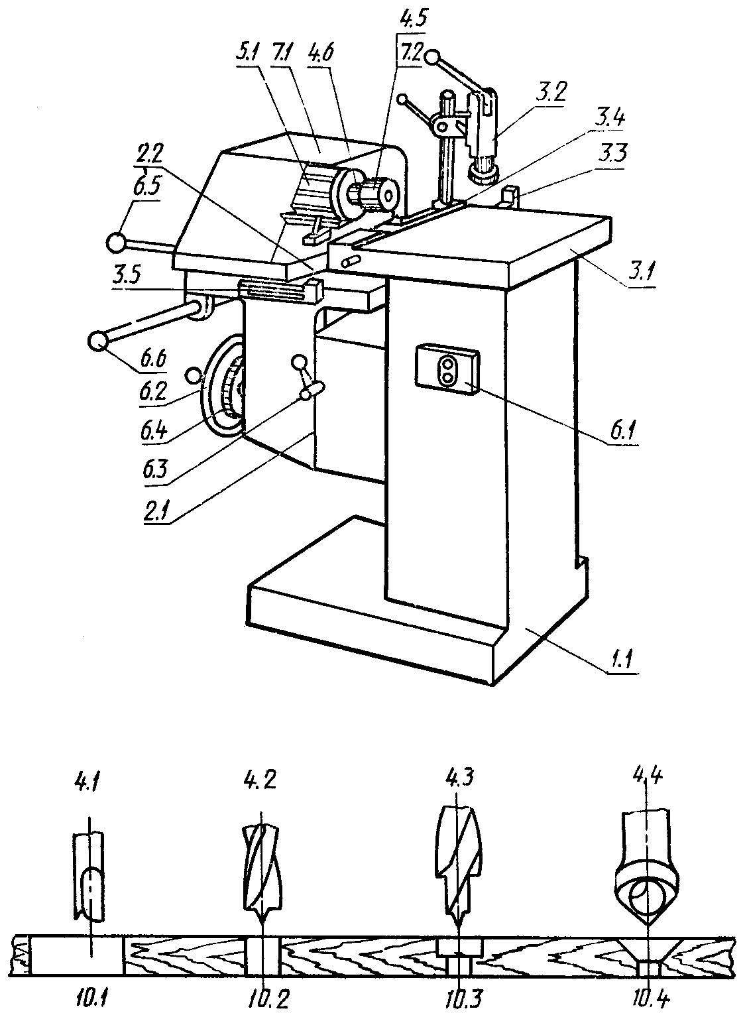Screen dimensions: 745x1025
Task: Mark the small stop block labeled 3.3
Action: (510, 197)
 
